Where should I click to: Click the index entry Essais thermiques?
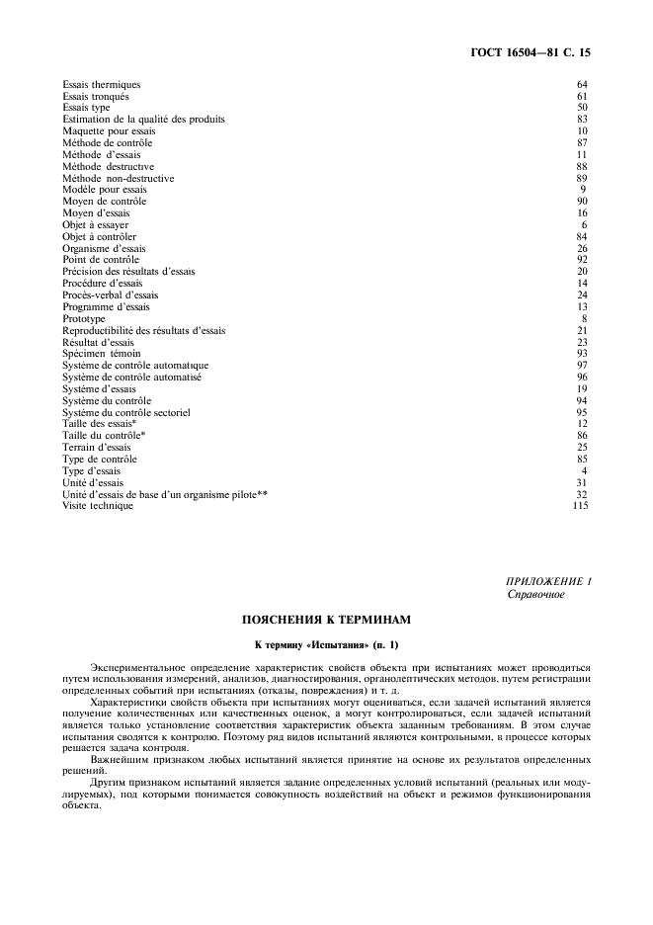tap(101, 85)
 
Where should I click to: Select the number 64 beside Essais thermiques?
tap(582, 85)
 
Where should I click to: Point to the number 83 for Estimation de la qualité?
tap(582, 120)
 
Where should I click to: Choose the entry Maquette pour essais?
tap(105, 131)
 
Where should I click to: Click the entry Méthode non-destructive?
tap(118, 178)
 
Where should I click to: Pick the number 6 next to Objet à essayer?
tap(585, 225)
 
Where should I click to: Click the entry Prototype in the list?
tap(84, 318)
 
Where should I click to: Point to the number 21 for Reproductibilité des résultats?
tap(582, 330)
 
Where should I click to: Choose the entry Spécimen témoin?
tap(101, 354)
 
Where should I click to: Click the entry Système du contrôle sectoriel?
tap(126, 412)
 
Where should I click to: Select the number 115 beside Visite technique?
tap(580, 506)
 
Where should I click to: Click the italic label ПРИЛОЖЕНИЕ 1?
tap(548, 583)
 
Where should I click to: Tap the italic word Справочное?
tap(535, 595)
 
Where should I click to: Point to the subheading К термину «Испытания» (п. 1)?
tap(325, 645)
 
